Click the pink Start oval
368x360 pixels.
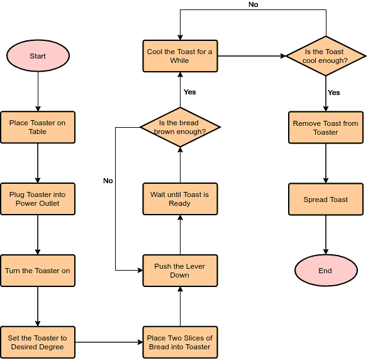(x=38, y=56)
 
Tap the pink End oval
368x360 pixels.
(x=325, y=271)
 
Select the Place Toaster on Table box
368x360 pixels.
(x=38, y=128)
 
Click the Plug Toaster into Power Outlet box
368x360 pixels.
(x=38, y=200)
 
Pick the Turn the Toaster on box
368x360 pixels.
(x=38, y=271)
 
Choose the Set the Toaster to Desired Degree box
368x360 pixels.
(x=38, y=342)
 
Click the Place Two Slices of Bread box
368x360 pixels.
(x=180, y=342)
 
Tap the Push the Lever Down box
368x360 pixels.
(x=180, y=271)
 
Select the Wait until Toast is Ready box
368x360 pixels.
(x=180, y=200)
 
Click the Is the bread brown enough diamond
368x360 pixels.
(x=180, y=127)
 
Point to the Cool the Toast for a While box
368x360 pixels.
(x=180, y=56)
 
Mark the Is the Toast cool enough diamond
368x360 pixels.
(x=325, y=56)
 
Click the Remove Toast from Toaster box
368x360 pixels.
(x=325, y=128)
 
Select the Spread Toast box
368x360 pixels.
(x=325, y=200)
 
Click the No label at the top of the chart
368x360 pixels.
(x=253, y=4)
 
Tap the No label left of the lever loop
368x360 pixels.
(x=108, y=181)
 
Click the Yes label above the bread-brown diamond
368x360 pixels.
(x=189, y=92)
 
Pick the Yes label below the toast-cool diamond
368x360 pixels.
(x=334, y=93)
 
